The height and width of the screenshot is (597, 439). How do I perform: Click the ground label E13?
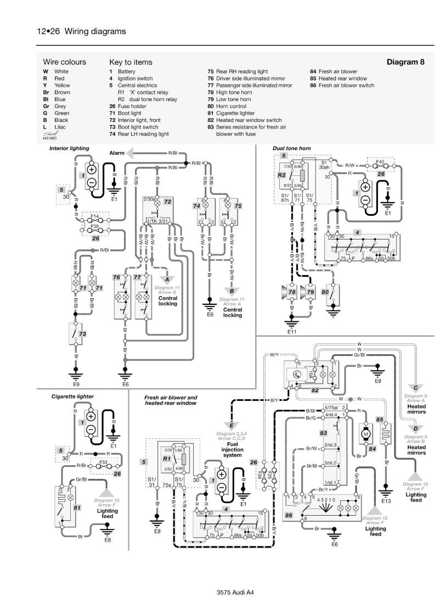(x=386, y=500)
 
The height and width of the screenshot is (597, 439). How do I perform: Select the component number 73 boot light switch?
(x=83, y=333)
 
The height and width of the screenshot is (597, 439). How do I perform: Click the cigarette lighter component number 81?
(x=77, y=509)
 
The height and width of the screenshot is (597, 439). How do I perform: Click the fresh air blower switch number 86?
(x=289, y=515)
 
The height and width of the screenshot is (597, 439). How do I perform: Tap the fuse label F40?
(x=379, y=163)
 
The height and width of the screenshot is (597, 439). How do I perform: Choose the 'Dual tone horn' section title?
(x=291, y=148)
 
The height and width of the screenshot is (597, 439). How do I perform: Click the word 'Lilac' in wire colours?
(x=61, y=126)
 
